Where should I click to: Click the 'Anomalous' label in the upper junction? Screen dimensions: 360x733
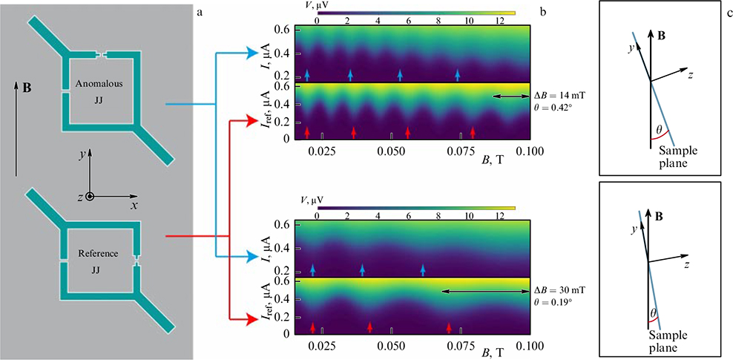click(103, 84)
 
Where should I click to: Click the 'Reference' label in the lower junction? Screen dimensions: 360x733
click(98, 254)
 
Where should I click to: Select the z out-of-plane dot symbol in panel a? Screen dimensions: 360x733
click(90, 197)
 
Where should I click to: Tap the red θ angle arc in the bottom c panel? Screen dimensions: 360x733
click(653, 317)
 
